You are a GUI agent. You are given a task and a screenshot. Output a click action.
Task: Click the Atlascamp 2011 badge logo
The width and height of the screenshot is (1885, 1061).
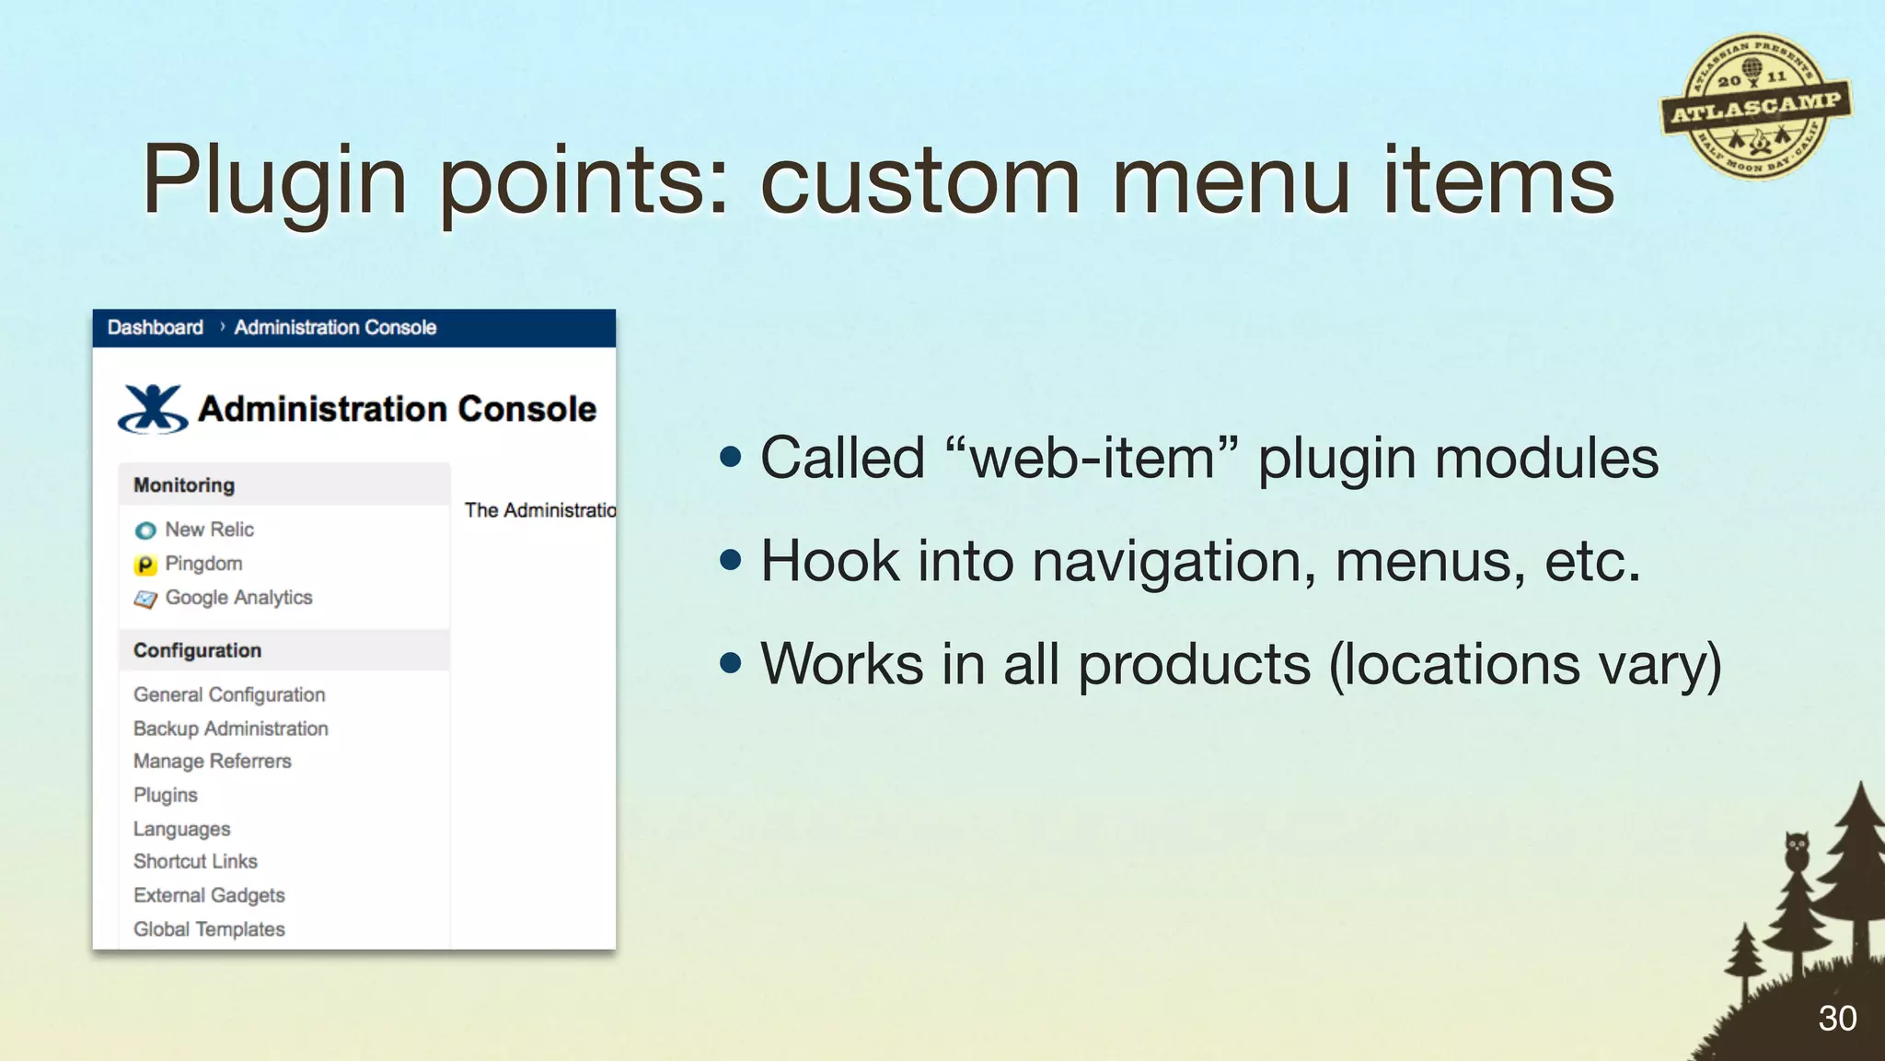tap(1756, 107)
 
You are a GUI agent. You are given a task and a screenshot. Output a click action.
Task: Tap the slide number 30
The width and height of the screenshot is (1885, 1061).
tap(1836, 1019)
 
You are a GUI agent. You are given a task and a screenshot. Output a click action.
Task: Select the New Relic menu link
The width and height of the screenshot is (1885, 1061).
tap(209, 530)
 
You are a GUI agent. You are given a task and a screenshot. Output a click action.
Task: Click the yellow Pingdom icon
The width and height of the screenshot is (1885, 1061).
tap(145, 565)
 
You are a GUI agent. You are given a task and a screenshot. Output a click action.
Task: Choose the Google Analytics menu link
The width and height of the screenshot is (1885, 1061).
tap(238, 598)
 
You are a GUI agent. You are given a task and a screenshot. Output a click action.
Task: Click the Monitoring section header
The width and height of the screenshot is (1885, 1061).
tap(184, 485)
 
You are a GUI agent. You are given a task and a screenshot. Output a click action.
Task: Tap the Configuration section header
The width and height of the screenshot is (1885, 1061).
tap(197, 650)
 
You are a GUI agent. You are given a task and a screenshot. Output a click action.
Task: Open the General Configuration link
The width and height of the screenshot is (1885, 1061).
tap(229, 694)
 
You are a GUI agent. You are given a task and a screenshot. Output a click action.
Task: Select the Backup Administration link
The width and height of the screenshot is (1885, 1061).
tap(230, 729)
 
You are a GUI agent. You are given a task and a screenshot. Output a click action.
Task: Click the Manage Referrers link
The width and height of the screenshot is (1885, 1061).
tap(212, 762)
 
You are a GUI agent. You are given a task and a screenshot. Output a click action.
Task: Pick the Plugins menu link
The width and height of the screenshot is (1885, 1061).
tap(166, 795)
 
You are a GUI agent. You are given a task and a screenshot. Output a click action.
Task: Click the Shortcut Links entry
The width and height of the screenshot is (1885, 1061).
tap(195, 861)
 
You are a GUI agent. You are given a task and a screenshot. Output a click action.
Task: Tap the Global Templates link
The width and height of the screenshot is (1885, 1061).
tap(209, 929)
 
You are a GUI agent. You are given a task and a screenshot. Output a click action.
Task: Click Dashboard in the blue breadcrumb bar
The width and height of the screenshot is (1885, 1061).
tap(155, 328)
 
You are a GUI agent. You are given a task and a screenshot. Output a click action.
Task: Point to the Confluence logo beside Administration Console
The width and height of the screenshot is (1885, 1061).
tap(153, 409)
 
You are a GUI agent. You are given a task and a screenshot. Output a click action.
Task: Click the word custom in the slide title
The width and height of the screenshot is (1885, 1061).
tap(919, 181)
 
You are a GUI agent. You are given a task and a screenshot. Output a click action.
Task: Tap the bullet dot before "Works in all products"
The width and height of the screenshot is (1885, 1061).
tap(731, 663)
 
